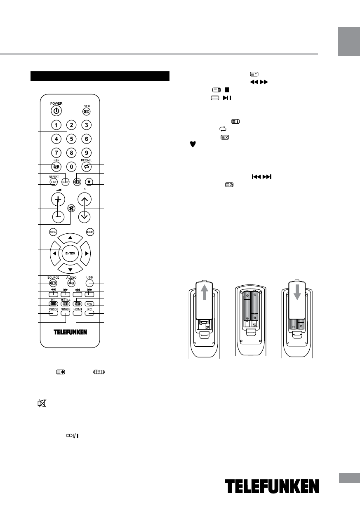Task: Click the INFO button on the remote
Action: [x=86, y=111]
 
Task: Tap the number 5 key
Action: [x=71, y=139]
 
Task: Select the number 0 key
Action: [x=71, y=167]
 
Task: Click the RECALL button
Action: [x=86, y=167]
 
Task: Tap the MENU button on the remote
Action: [x=53, y=232]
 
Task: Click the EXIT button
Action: [x=90, y=232]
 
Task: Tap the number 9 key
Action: [x=86, y=153]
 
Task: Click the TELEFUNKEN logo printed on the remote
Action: [x=70, y=332]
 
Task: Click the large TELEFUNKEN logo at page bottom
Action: [x=272, y=488]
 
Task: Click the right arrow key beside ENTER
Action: [x=86, y=253]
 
